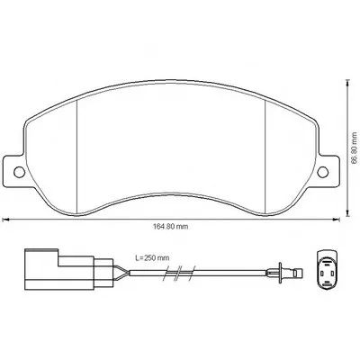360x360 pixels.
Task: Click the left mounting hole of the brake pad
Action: pos(20,172)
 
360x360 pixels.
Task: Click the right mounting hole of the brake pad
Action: pos(323,172)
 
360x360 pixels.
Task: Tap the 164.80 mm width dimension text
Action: pos(171,227)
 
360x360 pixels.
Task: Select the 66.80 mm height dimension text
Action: pos(355,148)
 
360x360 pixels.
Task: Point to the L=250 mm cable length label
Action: pos(152,257)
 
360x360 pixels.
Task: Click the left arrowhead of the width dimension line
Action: pos(4,220)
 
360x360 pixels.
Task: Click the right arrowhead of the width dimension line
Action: pos(337,220)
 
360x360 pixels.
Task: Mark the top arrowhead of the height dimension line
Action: pos(347,83)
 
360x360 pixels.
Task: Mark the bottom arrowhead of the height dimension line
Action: pos(347,213)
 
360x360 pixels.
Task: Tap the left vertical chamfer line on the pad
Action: pos(77,157)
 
